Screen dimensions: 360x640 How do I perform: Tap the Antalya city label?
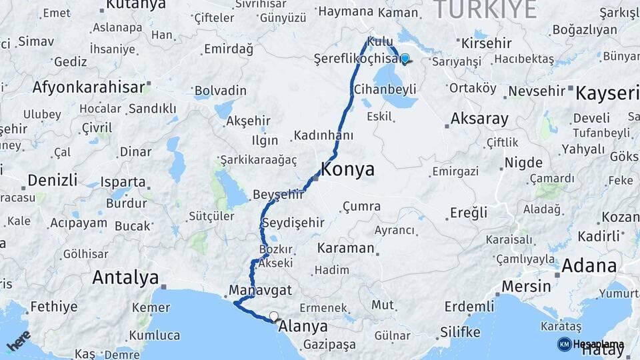(x=126, y=277)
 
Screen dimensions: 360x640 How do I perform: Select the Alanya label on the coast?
(x=303, y=327)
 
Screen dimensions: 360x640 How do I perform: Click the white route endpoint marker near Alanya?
(x=273, y=317)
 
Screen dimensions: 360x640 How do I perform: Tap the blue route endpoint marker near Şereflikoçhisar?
(x=405, y=59)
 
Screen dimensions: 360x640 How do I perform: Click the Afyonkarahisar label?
(x=89, y=87)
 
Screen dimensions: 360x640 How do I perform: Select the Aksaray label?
(x=479, y=119)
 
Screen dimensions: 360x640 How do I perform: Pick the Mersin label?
(x=526, y=287)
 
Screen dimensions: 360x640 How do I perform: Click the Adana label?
(x=589, y=265)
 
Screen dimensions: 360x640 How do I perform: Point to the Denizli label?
(x=53, y=181)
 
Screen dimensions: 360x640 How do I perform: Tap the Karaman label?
(x=345, y=248)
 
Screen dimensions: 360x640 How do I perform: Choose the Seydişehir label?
(x=293, y=223)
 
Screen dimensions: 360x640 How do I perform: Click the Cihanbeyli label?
(x=385, y=89)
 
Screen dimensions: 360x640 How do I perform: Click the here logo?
(x=18, y=341)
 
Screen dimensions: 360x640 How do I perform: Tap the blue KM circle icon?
(x=564, y=344)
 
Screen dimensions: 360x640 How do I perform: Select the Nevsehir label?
(x=537, y=91)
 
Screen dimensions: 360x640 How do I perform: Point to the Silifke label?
(x=461, y=332)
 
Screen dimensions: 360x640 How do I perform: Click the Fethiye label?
(x=54, y=307)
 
